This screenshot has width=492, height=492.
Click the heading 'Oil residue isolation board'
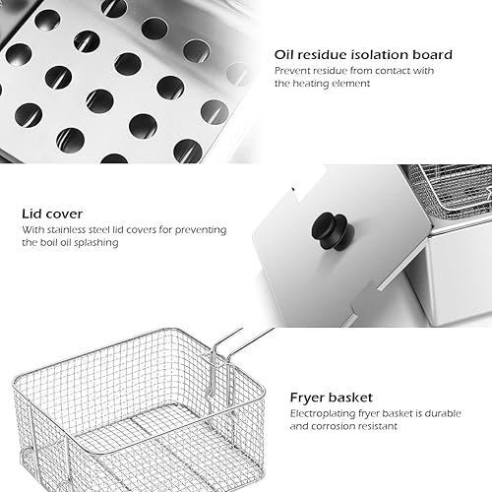(364, 54)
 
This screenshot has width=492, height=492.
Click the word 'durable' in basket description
(434, 414)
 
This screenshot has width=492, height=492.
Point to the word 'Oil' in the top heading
(285, 54)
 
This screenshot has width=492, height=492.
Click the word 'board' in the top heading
(432, 54)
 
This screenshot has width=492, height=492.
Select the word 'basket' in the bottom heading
(356, 398)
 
